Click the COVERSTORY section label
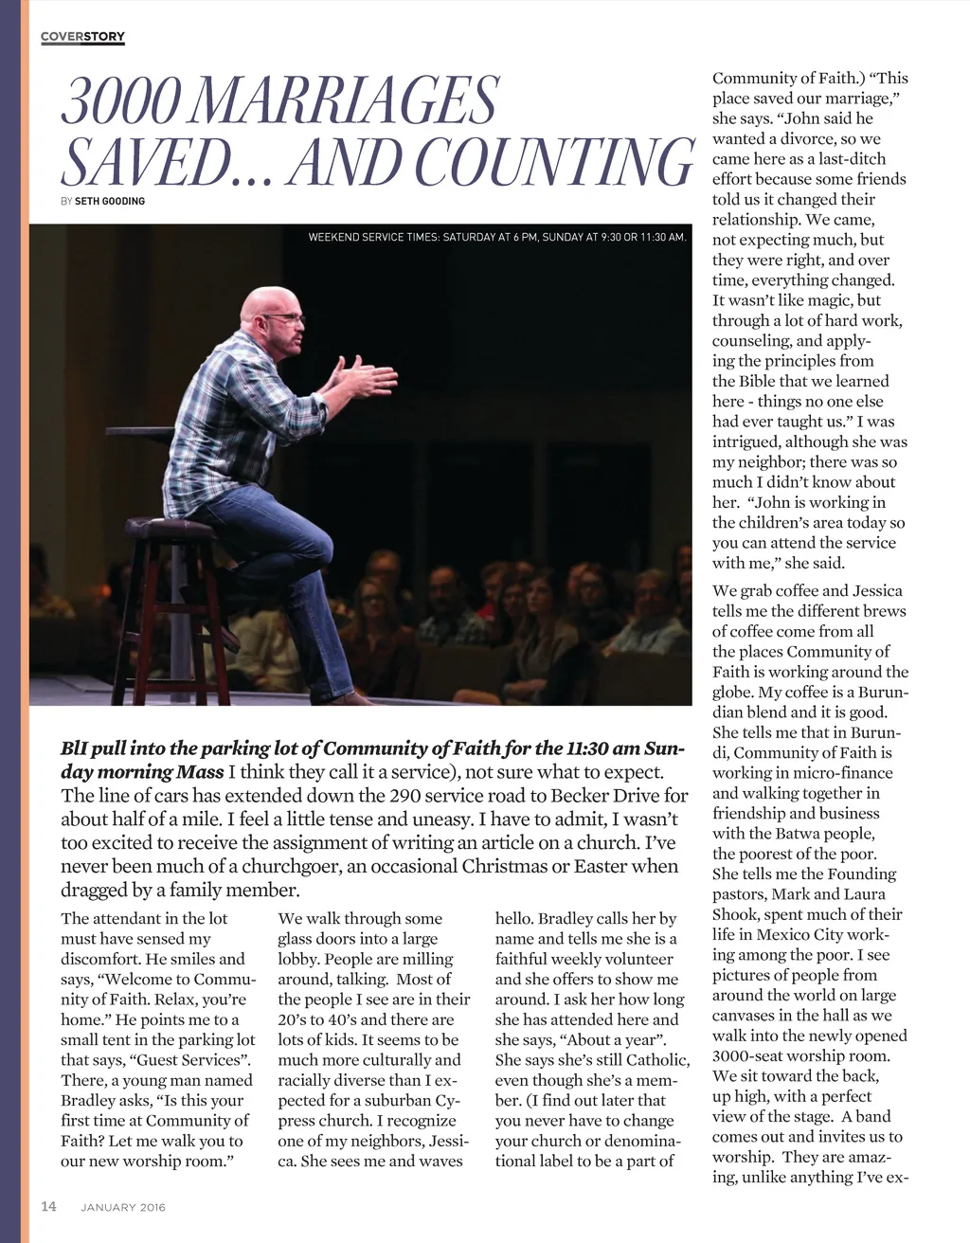[x=83, y=37]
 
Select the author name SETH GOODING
[x=110, y=201]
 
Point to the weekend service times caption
[x=497, y=237]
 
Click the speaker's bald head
[x=266, y=303]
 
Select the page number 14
[x=49, y=1206]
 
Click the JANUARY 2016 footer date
[x=123, y=1207]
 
